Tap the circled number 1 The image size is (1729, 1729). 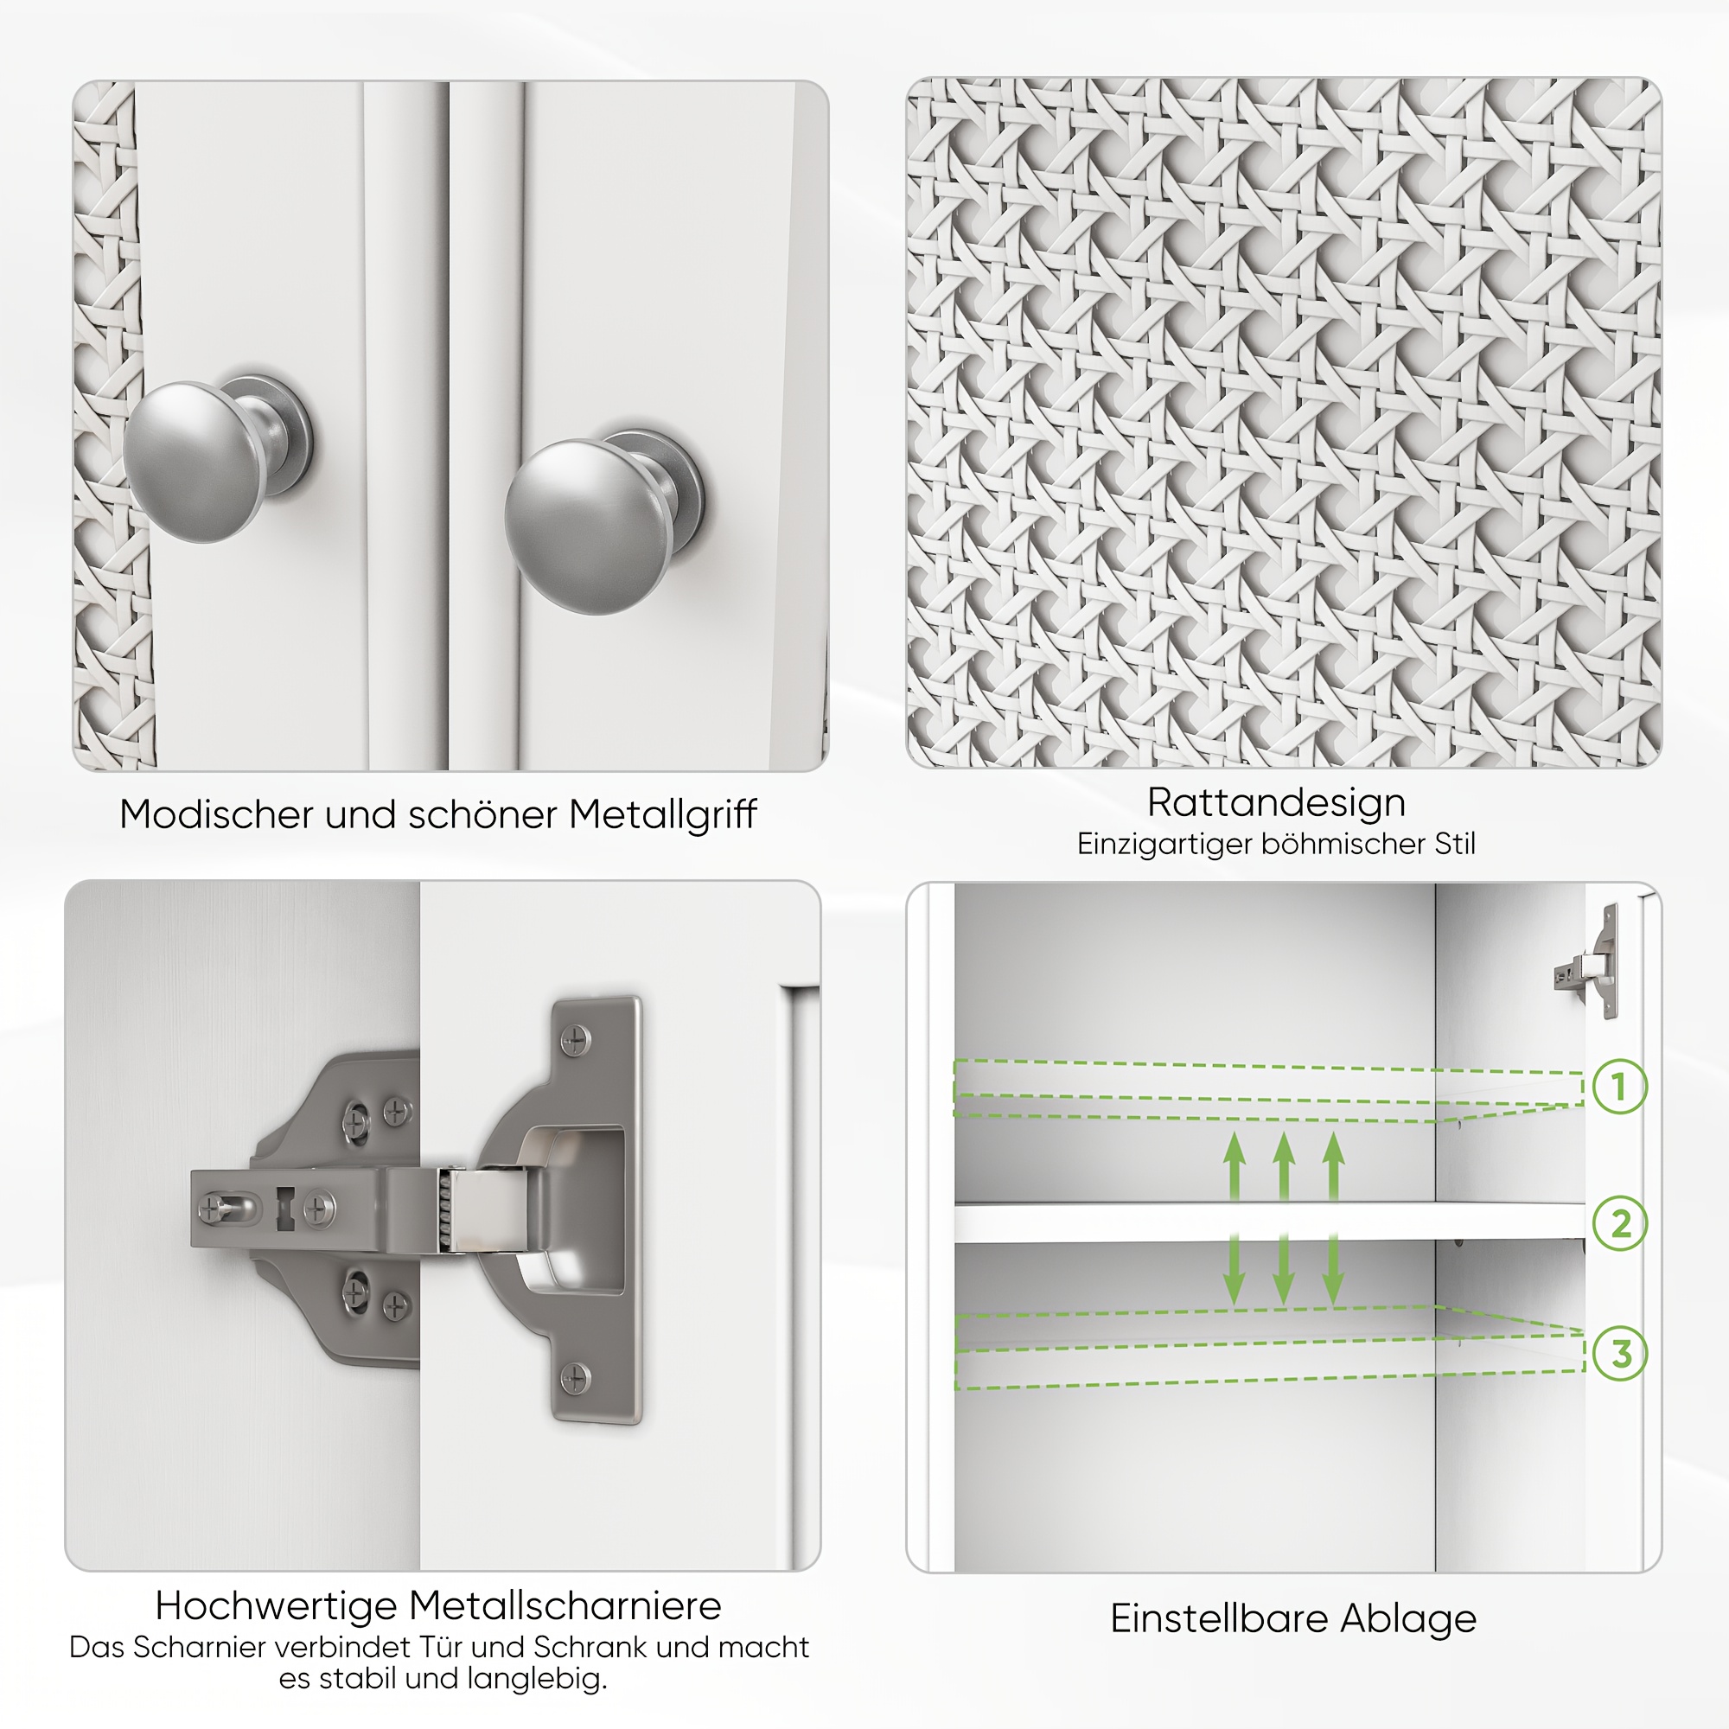pyautogui.click(x=1620, y=1087)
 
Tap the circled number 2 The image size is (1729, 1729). pyautogui.click(x=1620, y=1223)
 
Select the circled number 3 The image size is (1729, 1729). pyautogui.click(x=1620, y=1354)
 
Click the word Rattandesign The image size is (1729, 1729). pyautogui.click(x=1276, y=803)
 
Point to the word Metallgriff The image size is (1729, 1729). pyautogui.click(x=663, y=815)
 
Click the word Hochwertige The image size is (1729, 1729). pyautogui.click(x=276, y=1606)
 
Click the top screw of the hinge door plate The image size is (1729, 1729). pyautogui.click(x=575, y=1040)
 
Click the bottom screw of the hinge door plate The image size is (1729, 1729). pyautogui.click(x=575, y=1377)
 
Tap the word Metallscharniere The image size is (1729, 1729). pyautogui.click(x=565, y=1606)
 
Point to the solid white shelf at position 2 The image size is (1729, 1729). pyautogui.click(x=1269, y=1222)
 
